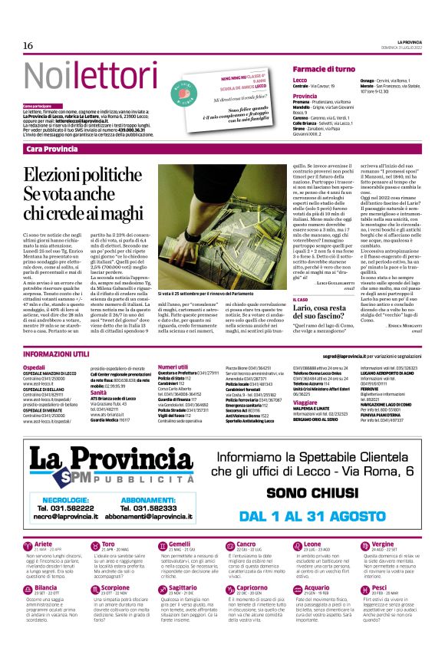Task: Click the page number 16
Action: tap(28, 46)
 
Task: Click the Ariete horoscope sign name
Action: tap(44, 544)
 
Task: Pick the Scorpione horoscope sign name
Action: tap(116, 588)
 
